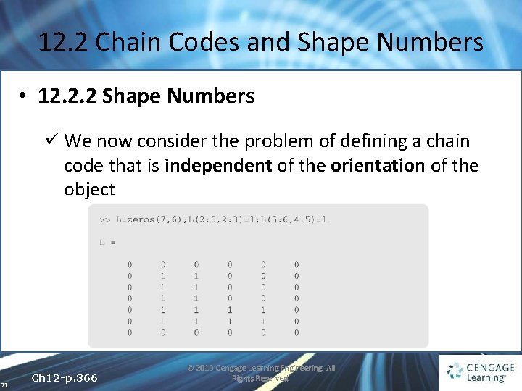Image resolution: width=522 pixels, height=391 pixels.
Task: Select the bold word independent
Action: (217, 166)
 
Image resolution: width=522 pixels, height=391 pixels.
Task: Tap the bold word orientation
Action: (377, 166)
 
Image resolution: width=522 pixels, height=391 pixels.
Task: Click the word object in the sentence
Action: (89, 190)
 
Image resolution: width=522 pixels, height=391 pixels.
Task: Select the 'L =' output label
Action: (107, 243)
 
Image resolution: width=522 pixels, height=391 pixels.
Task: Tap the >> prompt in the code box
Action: (104, 219)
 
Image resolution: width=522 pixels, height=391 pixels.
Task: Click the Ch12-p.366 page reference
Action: (65, 378)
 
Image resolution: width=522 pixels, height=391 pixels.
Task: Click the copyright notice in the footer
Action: (261, 373)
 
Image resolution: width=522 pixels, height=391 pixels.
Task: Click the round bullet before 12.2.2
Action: (24, 97)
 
